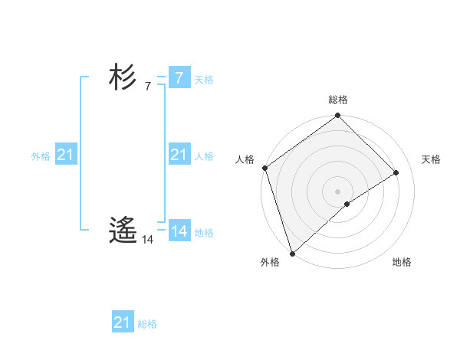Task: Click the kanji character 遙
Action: pos(123,229)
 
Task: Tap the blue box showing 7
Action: pos(179,78)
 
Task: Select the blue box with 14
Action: pos(179,231)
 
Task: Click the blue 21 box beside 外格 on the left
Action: pos(65,155)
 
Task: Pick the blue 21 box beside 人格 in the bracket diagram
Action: pos(179,155)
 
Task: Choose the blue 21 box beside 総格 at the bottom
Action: pos(122,322)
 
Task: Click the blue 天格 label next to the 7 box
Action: pos(204,80)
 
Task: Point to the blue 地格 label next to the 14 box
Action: pos(204,233)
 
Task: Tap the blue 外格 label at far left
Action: pos(41,156)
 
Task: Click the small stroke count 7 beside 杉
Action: pos(147,87)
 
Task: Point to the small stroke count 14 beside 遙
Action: pos(148,240)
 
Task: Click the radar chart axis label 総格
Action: pos(337,100)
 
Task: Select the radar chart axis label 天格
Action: pos(432,159)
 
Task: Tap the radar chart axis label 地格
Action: pos(402,262)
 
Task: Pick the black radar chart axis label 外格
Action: pos(270,262)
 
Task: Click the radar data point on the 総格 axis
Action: pos(337,116)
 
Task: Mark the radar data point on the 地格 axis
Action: pos(347,204)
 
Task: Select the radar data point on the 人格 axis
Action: pos(264,168)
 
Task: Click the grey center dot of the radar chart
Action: pos(337,191)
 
